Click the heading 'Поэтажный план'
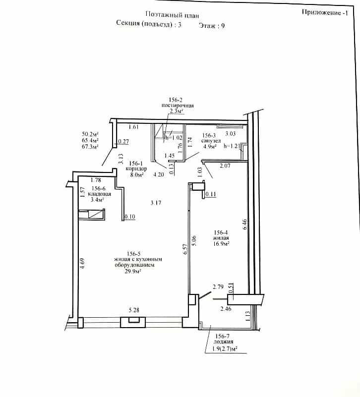172,15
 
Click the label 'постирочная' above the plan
178,106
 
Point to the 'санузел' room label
211,141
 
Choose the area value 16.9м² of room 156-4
222,243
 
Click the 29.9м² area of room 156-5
133,271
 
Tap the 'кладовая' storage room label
99,194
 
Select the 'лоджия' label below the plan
223,341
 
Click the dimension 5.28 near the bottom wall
134,310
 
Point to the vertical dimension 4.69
82,264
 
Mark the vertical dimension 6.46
244,225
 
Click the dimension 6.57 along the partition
185,249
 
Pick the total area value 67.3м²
90,147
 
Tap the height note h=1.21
232,146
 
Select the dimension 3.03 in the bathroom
231,133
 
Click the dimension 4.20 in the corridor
159,174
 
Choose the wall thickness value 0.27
123,141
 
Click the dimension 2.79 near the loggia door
218,287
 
